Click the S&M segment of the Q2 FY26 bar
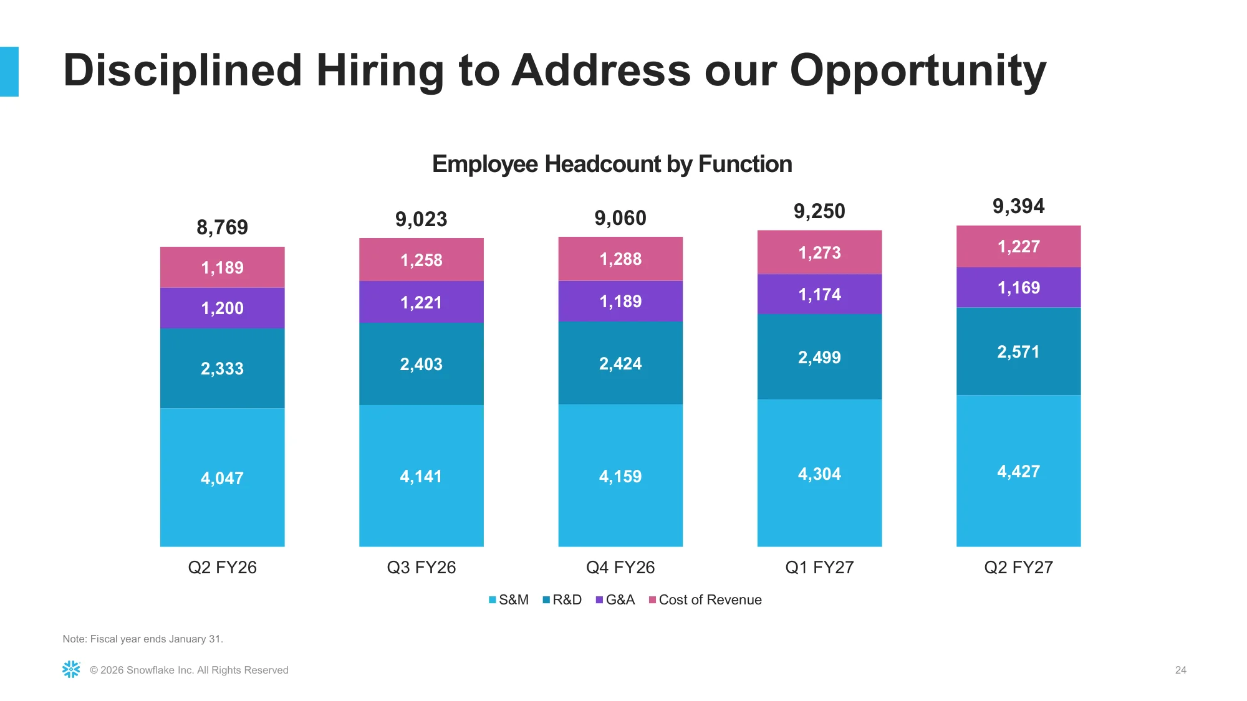coord(222,477)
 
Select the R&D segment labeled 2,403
coord(421,364)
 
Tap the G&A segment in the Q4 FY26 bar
coord(620,301)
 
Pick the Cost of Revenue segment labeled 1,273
coord(819,252)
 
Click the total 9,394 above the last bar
coord(1018,206)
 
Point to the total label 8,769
coord(222,227)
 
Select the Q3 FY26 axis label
coord(421,567)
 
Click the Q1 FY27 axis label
coord(819,567)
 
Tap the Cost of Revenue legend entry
coord(705,599)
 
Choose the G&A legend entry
coord(615,599)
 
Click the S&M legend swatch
coord(493,600)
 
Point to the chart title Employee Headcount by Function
coord(612,164)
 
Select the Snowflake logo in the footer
coord(71,669)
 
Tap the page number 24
coord(1180,670)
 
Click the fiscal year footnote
coord(143,639)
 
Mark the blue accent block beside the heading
coord(9,72)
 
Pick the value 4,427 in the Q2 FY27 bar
coord(1018,471)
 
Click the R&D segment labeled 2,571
coord(1018,351)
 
